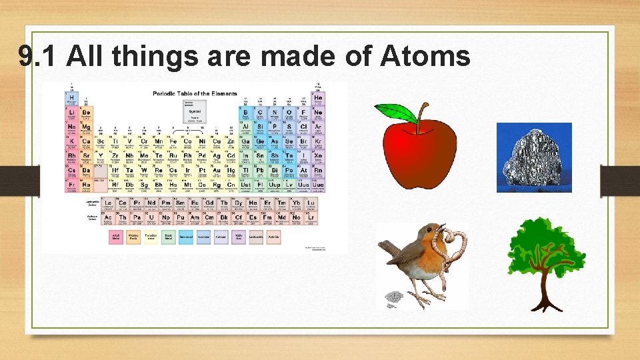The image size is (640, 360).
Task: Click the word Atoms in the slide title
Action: click(425, 57)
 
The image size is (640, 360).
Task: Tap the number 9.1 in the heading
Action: click(39, 57)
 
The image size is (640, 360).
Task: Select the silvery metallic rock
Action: click(533, 158)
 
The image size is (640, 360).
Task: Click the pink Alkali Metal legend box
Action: click(116, 237)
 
